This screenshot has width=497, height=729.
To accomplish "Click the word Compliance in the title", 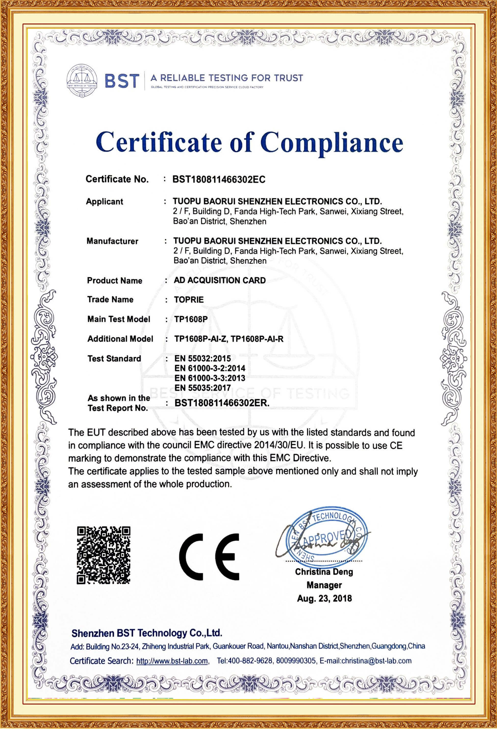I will (x=332, y=143).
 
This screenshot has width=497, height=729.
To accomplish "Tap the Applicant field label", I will (x=104, y=201).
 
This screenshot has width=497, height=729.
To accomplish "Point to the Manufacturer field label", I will (x=112, y=241).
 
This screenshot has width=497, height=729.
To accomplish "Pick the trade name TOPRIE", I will (x=189, y=300).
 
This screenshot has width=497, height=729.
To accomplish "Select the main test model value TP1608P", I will (x=191, y=319).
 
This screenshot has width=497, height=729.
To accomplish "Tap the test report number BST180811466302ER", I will (x=222, y=403).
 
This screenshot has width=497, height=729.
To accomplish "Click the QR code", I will (x=104, y=555).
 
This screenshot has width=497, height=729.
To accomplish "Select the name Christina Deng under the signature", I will (x=324, y=572).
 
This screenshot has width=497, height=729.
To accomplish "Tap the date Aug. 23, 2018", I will (x=324, y=598).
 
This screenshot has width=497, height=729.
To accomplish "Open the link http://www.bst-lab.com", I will (x=172, y=661).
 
